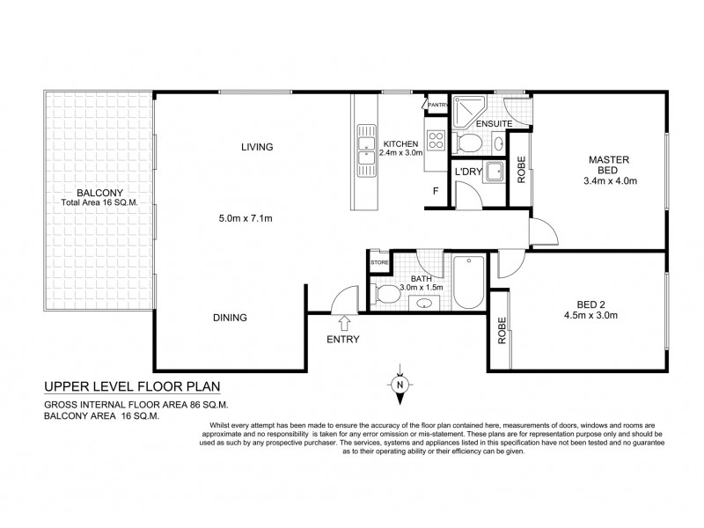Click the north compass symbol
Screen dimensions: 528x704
[399, 384]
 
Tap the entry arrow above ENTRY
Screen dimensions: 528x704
[343, 322]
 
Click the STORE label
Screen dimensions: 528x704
[379, 261]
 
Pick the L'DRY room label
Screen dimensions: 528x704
[467, 172]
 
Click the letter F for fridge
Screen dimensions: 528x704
[435, 190]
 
